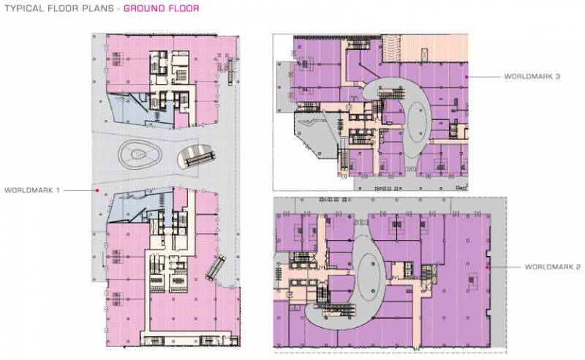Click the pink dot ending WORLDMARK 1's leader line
[x=97, y=190]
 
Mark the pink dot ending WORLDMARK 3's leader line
[x=467, y=76]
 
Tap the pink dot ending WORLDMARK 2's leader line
[x=487, y=268]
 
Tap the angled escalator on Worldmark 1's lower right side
[x=216, y=267]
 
